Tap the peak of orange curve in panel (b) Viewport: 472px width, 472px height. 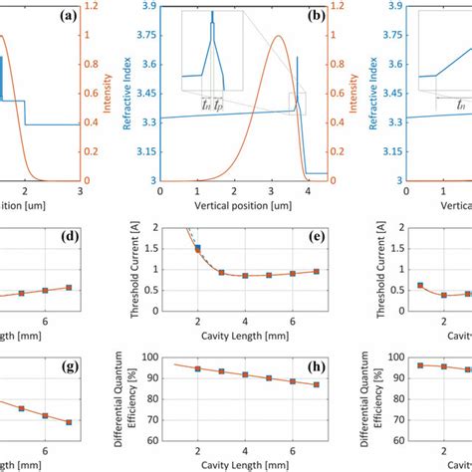[x=278, y=37]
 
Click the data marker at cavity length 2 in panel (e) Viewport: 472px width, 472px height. [x=198, y=248]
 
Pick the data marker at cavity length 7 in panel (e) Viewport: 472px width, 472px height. [x=316, y=271]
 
